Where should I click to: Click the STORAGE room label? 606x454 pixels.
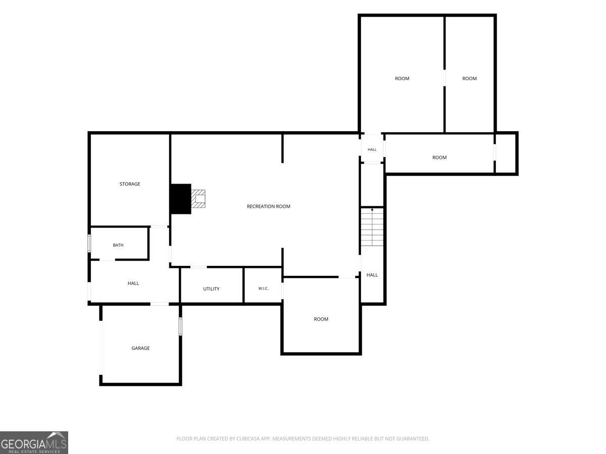click(x=130, y=184)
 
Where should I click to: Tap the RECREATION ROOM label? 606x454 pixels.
click(x=268, y=206)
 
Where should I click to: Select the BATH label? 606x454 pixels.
click(x=118, y=245)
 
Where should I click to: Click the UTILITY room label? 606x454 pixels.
click(x=211, y=289)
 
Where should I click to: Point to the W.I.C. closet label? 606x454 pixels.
click(x=263, y=289)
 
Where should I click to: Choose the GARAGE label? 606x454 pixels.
click(x=140, y=348)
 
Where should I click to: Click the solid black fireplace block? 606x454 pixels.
click(x=181, y=199)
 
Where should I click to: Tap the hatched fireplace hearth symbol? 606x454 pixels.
click(x=198, y=198)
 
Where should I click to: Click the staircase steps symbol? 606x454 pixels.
click(x=372, y=227)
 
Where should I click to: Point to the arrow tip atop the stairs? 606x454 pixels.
click(x=372, y=209)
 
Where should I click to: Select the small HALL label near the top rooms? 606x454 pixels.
click(x=372, y=149)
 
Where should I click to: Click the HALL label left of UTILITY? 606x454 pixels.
click(x=133, y=283)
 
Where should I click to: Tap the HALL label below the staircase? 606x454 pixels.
click(x=372, y=275)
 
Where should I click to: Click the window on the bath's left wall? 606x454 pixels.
click(x=89, y=243)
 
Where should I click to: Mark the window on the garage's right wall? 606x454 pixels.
click(x=180, y=326)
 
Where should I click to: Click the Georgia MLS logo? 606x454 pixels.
click(x=34, y=443)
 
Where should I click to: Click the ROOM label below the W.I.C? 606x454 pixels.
click(x=321, y=319)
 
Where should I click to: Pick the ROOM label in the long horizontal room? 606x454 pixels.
click(x=439, y=157)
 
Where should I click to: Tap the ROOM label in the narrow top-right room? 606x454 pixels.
click(x=469, y=78)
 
